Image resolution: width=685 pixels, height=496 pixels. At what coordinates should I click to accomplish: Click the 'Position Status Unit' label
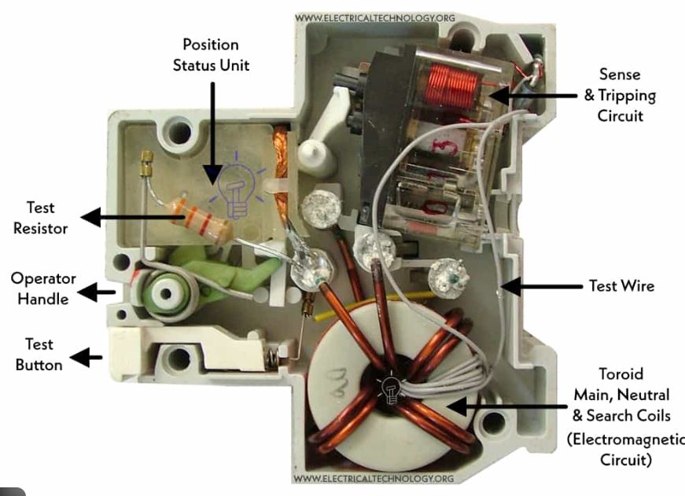(211, 54)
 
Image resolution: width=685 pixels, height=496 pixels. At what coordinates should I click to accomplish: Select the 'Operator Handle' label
(43, 288)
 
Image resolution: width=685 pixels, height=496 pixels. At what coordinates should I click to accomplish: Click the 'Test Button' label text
(39, 354)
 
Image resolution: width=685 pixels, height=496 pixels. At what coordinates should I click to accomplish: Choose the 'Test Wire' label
(621, 286)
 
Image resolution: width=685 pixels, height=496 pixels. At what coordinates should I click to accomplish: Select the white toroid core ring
(346, 346)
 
